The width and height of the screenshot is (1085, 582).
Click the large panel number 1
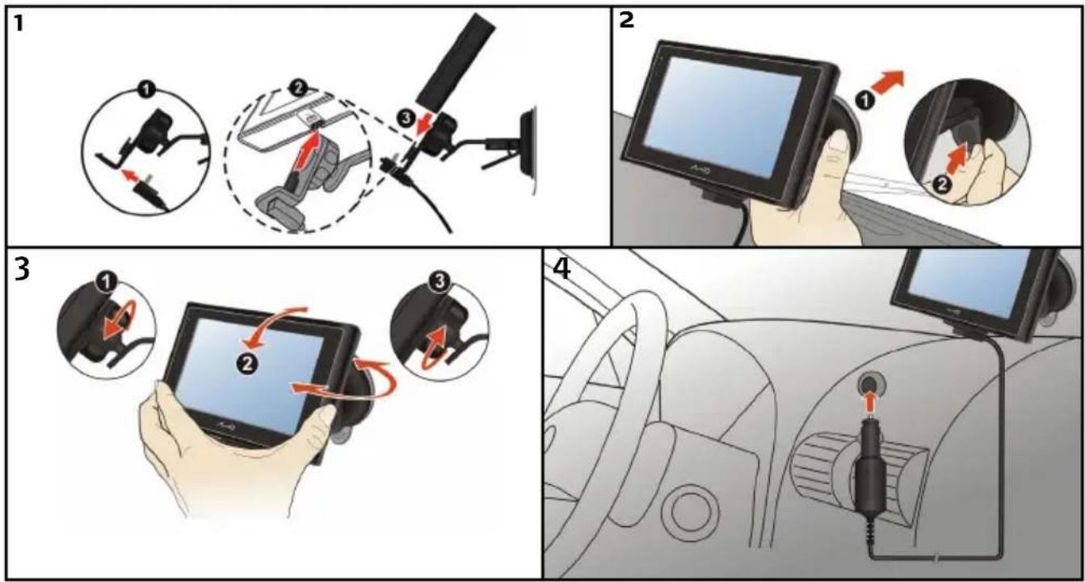point(19,23)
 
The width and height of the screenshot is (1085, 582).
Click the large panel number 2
point(626,20)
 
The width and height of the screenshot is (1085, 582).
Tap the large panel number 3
point(21,269)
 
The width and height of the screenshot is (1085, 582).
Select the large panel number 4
point(561,269)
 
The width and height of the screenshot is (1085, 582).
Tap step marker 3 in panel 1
point(406,118)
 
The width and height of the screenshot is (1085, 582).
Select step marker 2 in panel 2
point(942,185)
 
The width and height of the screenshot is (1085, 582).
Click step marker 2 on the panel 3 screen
point(247,364)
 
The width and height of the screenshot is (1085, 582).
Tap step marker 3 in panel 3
point(439,282)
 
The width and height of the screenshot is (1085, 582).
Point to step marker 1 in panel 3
point(105,281)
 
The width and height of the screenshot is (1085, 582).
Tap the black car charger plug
point(871,480)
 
